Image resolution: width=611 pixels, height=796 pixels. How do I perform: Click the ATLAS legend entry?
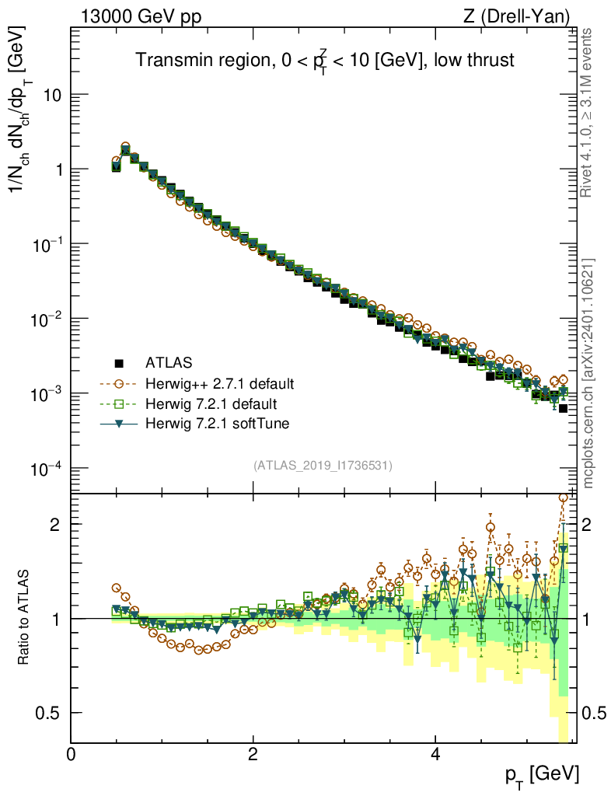167,362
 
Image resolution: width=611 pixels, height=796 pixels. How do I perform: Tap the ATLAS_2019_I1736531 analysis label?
323,466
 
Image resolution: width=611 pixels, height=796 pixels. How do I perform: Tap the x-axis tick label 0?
72,754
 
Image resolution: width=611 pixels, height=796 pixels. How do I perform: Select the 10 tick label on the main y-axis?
52,95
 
